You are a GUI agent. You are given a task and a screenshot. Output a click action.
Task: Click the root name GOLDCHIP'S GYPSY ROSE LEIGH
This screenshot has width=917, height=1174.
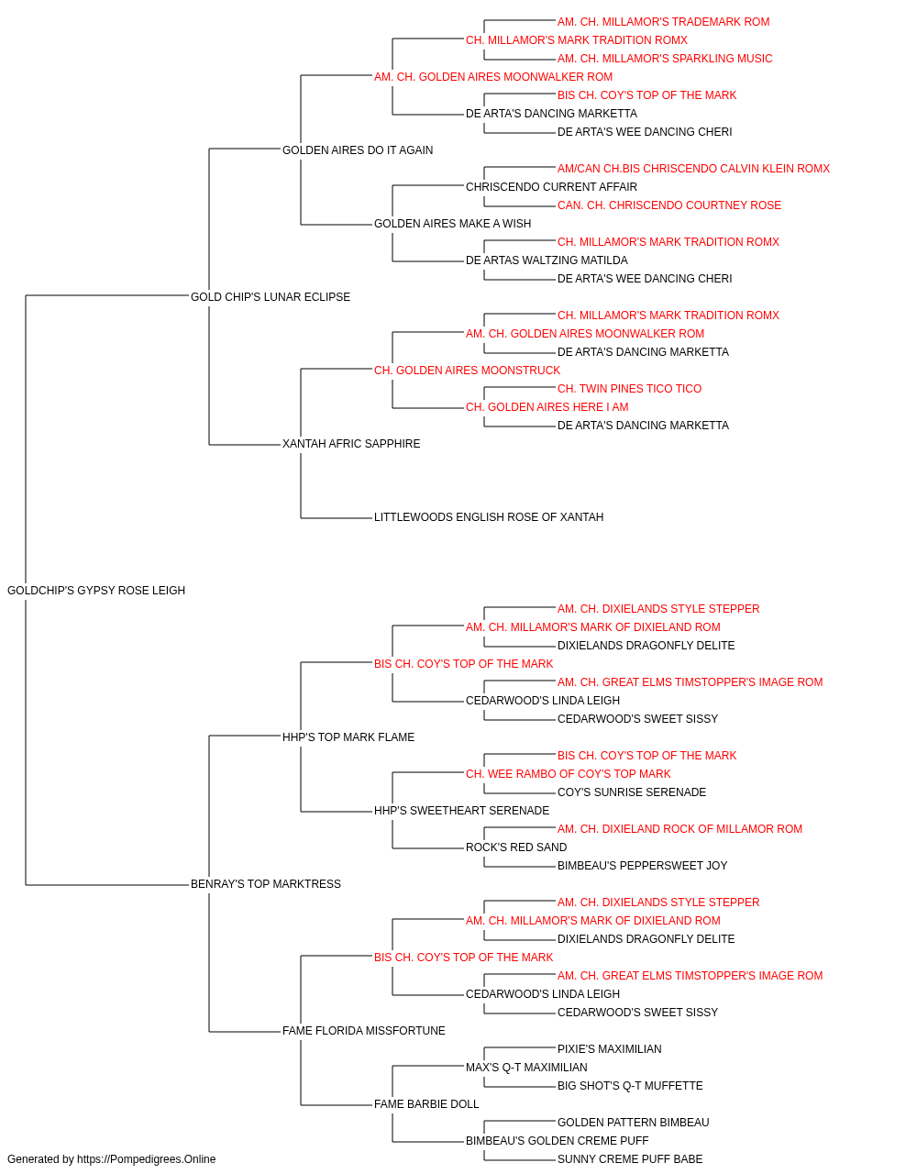(x=96, y=591)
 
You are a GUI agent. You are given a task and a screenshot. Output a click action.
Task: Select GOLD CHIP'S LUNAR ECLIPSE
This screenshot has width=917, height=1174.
(x=270, y=296)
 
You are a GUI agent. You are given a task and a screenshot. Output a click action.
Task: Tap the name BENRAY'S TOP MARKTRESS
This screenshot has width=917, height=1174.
(x=266, y=884)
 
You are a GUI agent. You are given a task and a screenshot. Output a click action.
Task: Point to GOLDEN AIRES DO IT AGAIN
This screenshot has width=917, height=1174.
(x=358, y=150)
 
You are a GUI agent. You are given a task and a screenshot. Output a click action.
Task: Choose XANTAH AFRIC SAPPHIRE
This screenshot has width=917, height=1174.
(x=351, y=444)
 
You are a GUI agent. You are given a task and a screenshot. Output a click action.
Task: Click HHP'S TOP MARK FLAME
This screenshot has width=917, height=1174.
(x=348, y=737)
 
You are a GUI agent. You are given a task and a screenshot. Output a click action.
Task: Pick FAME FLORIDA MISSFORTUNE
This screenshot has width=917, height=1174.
(x=363, y=1030)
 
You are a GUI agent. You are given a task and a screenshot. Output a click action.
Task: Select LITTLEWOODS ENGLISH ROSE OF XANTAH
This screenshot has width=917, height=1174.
(x=489, y=517)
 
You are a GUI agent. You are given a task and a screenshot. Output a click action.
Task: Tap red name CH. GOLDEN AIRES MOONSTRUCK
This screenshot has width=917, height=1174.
(x=467, y=370)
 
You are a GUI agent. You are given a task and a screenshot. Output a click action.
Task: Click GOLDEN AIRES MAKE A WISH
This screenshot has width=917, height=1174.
(x=453, y=223)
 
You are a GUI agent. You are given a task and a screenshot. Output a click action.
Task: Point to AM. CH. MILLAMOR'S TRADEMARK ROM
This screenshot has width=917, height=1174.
(x=663, y=22)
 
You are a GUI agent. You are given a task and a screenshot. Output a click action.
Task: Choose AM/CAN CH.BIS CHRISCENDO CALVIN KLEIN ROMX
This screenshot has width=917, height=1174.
(x=693, y=169)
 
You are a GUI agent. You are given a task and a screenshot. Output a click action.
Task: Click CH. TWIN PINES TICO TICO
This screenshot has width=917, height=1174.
(x=629, y=389)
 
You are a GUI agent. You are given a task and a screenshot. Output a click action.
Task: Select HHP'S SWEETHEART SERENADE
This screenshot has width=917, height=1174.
(x=462, y=811)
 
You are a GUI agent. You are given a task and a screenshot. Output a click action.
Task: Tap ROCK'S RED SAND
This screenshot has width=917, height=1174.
(x=516, y=847)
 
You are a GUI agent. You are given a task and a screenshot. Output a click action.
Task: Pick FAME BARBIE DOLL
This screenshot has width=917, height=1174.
(x=426, y=1103)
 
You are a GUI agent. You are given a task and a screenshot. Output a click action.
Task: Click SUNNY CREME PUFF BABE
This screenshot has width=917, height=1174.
(x=630, y=1159)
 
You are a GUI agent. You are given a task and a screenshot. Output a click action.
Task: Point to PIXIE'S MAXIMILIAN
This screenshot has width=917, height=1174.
(x=609, y=1048)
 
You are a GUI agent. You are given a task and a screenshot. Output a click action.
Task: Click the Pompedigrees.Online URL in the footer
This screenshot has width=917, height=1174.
(x=147, y=1159)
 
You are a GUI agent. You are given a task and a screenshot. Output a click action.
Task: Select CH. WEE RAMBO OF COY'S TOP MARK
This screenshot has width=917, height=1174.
(x=569, y=774)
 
